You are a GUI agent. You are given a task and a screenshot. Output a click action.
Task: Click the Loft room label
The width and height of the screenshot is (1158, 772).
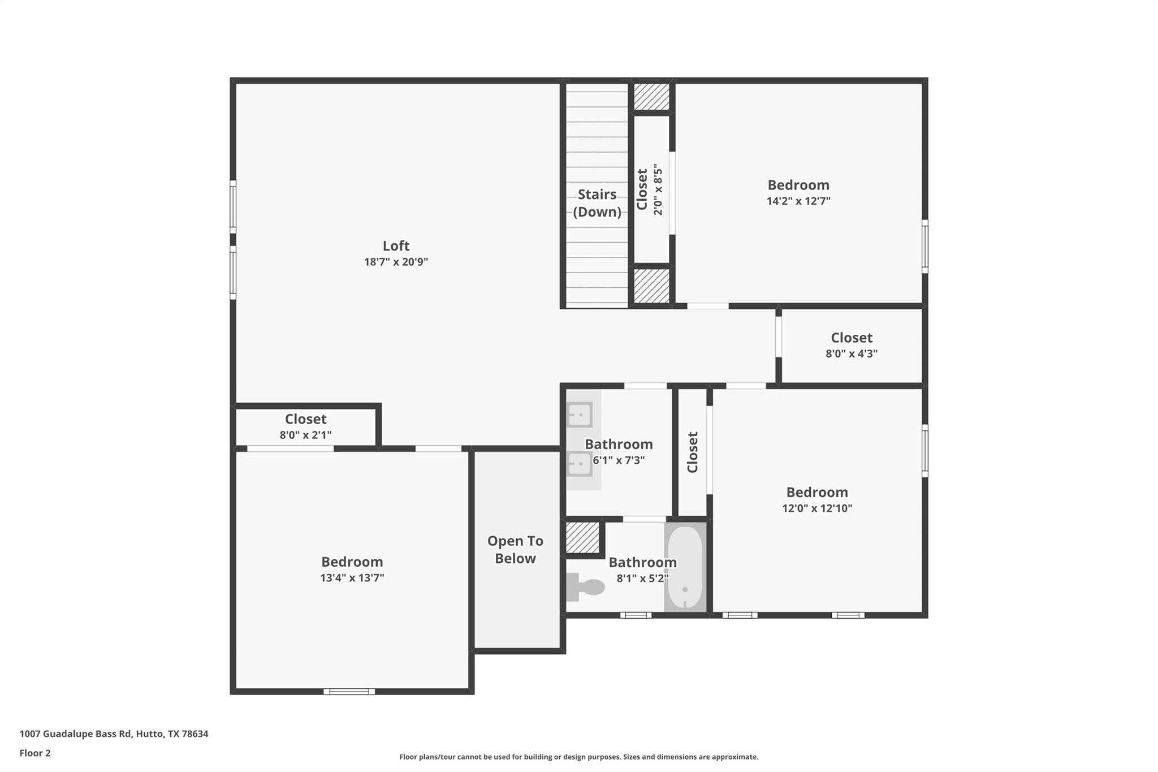[396, 246]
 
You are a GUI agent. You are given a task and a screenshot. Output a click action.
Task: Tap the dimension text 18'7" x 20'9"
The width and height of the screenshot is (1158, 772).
[396, 262]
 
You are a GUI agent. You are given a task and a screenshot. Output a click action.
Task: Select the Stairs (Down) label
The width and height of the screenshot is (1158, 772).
[597, 203]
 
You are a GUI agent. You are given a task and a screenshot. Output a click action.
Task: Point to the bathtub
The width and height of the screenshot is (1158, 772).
[685, 567]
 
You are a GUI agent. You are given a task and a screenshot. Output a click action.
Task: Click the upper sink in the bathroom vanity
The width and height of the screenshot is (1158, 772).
[579, 415]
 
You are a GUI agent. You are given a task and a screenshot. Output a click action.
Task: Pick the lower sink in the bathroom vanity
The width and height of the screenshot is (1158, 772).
[579, 464]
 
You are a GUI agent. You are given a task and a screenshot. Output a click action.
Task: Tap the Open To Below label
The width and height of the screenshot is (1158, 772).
[515, 550]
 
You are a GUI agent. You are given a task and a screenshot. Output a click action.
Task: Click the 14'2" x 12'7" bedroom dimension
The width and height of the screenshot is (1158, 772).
[798, 201]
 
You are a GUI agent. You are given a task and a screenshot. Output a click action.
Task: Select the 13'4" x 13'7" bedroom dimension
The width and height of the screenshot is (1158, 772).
[352, 578]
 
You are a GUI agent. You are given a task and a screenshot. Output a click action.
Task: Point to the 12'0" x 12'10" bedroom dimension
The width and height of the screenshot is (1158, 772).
[816, 508]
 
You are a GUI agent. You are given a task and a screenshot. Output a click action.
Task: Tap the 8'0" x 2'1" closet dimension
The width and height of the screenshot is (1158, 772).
[305, 435]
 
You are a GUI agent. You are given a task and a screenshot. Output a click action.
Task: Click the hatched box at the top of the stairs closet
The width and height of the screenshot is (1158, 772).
[651, 97]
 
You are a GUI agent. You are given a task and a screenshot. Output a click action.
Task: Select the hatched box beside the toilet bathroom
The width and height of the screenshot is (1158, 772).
[582, 537]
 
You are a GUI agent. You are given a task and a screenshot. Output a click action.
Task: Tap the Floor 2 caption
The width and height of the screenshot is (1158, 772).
[35, 753]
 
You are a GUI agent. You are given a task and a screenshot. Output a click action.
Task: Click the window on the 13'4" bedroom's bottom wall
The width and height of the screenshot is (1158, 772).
[349, 691]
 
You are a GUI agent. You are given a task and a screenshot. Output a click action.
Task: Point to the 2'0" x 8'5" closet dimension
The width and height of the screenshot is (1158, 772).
[658, 190]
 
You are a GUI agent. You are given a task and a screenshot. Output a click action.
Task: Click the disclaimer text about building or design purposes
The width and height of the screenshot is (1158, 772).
[578, 757]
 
